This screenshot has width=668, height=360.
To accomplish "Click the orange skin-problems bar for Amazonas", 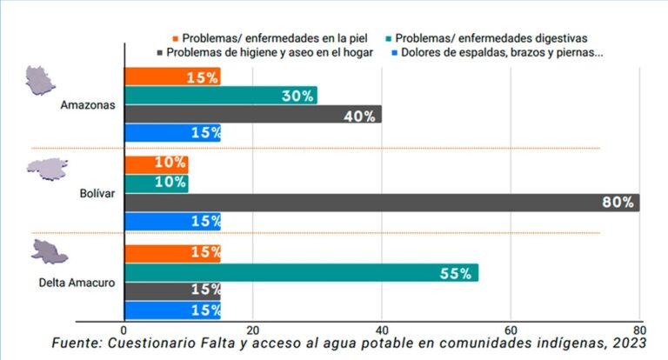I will tap(172, 77).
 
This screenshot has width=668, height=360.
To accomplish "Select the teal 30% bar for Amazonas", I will tap(221, 96).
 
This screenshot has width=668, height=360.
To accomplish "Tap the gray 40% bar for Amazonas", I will tap(253, 115).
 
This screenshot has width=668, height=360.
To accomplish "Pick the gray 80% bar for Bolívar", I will tap(382, 203).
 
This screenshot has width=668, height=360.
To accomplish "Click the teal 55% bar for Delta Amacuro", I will tap(301, 273).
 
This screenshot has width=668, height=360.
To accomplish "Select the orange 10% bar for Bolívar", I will tap(157, 163).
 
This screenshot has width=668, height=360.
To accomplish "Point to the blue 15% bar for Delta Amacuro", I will tap(172, 310).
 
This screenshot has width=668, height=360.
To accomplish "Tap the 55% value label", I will tap(455, 274).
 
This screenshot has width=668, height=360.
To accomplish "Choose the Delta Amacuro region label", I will tap(77, 283).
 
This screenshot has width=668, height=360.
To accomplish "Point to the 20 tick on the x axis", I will tap(253, 330).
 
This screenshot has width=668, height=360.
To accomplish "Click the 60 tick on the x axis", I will tap(511, 330).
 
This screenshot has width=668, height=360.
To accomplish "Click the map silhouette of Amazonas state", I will tap(43, 80).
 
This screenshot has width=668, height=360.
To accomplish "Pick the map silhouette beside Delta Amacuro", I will tap(49, 253).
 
